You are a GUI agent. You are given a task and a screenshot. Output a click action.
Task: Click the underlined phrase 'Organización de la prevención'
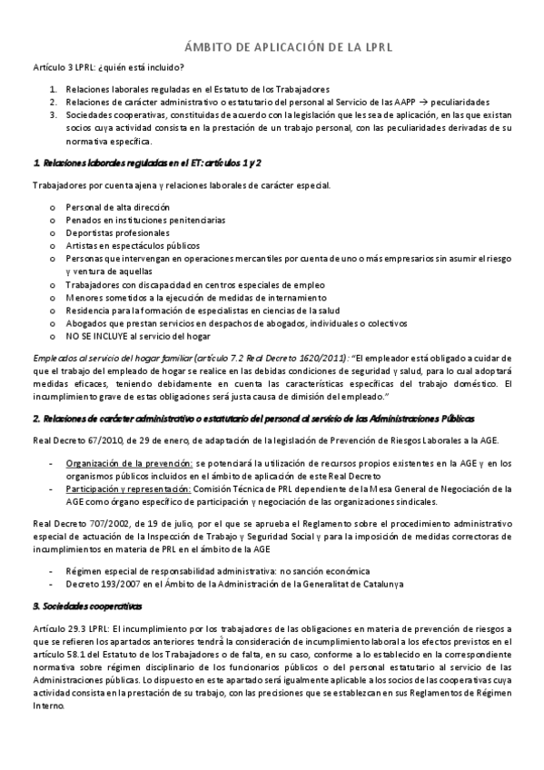(130, 463)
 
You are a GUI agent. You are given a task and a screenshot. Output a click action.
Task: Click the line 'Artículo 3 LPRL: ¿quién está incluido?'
(109, 68)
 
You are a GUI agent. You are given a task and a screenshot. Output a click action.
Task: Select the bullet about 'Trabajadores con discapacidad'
(195, 284)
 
